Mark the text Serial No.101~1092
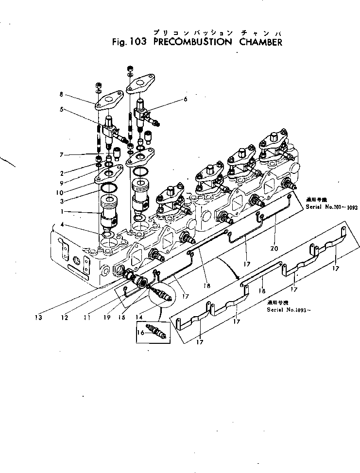[331, 207]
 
